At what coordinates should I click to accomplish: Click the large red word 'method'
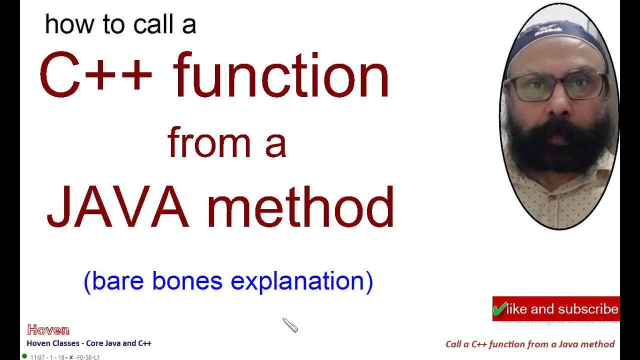(x=300, y=207)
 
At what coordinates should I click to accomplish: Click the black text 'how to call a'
(x=120, y=24)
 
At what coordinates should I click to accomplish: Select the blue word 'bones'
(x=187, y=281)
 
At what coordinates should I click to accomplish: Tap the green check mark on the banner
(x=499, y=308)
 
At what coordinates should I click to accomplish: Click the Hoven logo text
(x=48, y=330)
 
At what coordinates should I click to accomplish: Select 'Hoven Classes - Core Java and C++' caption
(x=89, y=343)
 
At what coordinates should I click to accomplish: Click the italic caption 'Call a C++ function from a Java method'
(x=530, y=344)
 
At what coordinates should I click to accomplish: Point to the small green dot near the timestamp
(x=24, y=356)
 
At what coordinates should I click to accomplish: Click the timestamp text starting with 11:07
(x=65, y=357)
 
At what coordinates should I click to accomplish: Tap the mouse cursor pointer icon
(x=290, y=325)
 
